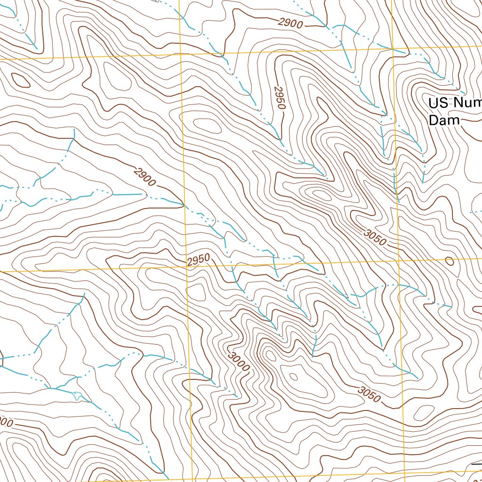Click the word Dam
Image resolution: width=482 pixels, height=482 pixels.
pos(443,120)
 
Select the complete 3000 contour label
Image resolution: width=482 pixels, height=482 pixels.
pos(238,362)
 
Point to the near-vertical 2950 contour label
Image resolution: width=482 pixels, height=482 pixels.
pos(280,98)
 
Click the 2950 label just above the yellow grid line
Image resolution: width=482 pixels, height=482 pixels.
pos(198,260)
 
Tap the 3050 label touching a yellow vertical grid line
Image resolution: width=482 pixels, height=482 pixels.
pos(375,236)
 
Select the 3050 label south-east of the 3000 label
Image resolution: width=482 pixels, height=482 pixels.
pos(368,394)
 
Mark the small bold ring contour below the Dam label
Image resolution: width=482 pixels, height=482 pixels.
pos(449,261)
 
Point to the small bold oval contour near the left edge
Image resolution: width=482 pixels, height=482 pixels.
pos(20,80)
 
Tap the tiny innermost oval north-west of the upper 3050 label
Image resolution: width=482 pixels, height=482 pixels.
pos(321,193)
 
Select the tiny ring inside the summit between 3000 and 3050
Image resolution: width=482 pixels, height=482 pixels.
pos(294,376)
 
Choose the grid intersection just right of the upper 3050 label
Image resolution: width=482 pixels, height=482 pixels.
pos(399,259)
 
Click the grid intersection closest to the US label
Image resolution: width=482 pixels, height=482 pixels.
pos(393,48)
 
